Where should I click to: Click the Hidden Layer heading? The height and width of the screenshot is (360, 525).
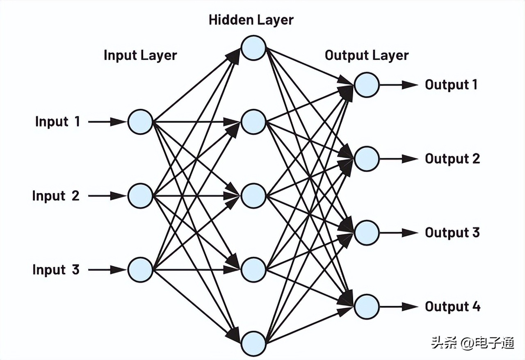251,20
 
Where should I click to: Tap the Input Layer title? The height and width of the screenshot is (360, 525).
140,55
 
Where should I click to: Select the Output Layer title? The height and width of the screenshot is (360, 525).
367,55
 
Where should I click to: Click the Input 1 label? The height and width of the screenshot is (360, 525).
57,122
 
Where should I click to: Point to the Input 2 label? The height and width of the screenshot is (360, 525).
56,196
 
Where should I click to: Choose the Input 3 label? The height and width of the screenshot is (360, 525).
56,270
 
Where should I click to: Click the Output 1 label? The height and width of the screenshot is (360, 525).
451,85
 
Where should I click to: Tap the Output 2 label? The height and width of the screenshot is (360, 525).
452,159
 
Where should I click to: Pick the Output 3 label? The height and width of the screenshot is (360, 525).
452,232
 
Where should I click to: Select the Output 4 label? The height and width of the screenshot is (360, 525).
452,306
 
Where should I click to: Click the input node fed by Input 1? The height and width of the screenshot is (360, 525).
140,122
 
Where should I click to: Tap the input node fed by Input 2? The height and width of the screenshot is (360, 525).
140,196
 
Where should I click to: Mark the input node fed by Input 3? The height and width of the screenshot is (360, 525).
140,270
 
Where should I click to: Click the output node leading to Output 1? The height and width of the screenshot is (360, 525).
366,85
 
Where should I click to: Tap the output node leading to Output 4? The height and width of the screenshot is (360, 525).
366,306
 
